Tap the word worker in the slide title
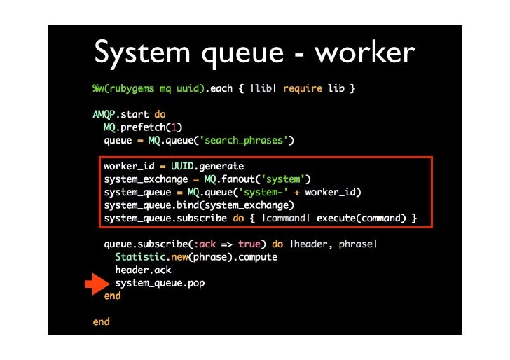coord(364,52)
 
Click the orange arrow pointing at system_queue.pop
coord(97,284)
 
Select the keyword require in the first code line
coord(303,88)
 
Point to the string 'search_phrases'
coord(244,140)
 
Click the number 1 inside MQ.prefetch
coord(174,127)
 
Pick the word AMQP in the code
coord(104,114)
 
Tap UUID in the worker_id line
coord(182,166)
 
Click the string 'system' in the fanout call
coord(282,179)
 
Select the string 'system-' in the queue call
coord(263,192)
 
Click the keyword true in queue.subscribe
coord(249,244)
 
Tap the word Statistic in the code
coord(140,257)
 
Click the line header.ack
coord(143,270)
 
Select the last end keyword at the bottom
coord(101,321)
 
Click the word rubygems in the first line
coord(132,89)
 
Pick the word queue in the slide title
coord(242,55)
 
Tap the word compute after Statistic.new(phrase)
coord(258,257)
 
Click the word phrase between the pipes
coord(355,244)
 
